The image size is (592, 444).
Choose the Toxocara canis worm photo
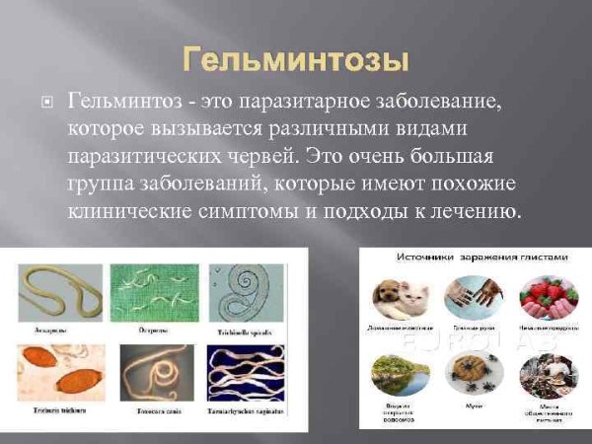[x=147, y=375]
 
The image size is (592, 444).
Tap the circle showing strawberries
[x=544, y=299]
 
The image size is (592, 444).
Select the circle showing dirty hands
[x=472, y=299]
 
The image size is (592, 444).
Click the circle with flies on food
[x=472, y=374]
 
